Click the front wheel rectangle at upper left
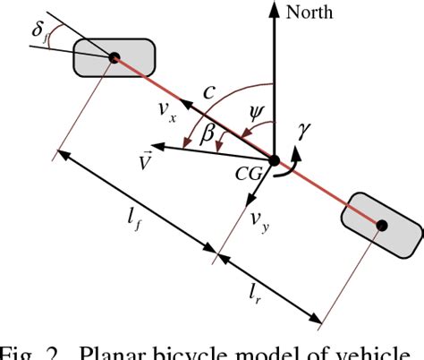114,58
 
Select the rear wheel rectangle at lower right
382,224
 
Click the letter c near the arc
209,91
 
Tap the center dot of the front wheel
114,58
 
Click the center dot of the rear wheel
382,224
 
